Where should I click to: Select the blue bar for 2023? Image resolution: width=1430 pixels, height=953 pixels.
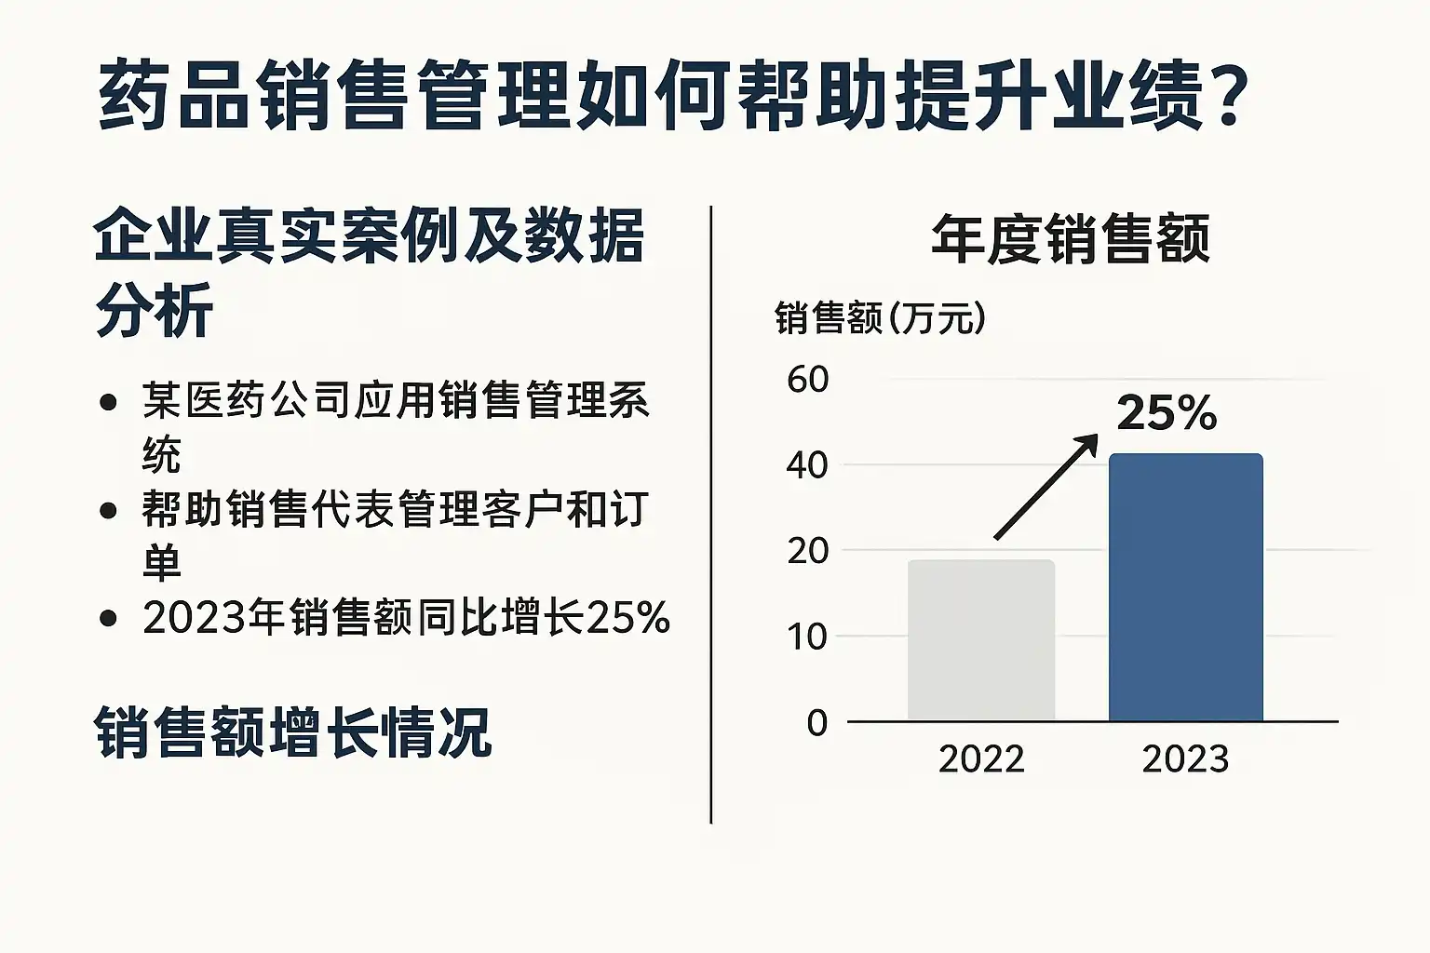tap(1185, 587)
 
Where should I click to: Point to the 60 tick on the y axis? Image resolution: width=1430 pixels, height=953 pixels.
tap(807, 379)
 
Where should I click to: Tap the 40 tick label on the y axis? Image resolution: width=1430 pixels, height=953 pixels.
tap(807, 464)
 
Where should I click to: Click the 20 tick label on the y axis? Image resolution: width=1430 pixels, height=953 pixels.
tap(807, 550)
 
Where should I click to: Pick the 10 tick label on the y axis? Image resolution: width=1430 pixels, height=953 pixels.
tap(807, 637)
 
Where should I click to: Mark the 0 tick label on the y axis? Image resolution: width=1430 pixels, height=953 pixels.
tap(816, 722)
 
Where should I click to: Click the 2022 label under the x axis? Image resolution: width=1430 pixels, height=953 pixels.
tap(981, 759)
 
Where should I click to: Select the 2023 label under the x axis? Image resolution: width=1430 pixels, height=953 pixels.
tap(1185, 759)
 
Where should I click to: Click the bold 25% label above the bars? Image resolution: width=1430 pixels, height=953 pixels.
tap(1167, 412)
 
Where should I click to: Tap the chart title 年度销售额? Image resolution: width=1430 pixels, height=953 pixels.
tap(1071, 239)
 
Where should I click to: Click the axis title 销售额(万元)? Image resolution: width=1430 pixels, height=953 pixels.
tap(880, 318)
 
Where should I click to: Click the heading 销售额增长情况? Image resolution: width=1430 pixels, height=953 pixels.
tap(293, 733)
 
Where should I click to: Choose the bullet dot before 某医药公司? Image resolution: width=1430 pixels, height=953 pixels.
tap(109, 402)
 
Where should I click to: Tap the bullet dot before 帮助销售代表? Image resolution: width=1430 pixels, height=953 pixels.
tap(109, 510)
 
